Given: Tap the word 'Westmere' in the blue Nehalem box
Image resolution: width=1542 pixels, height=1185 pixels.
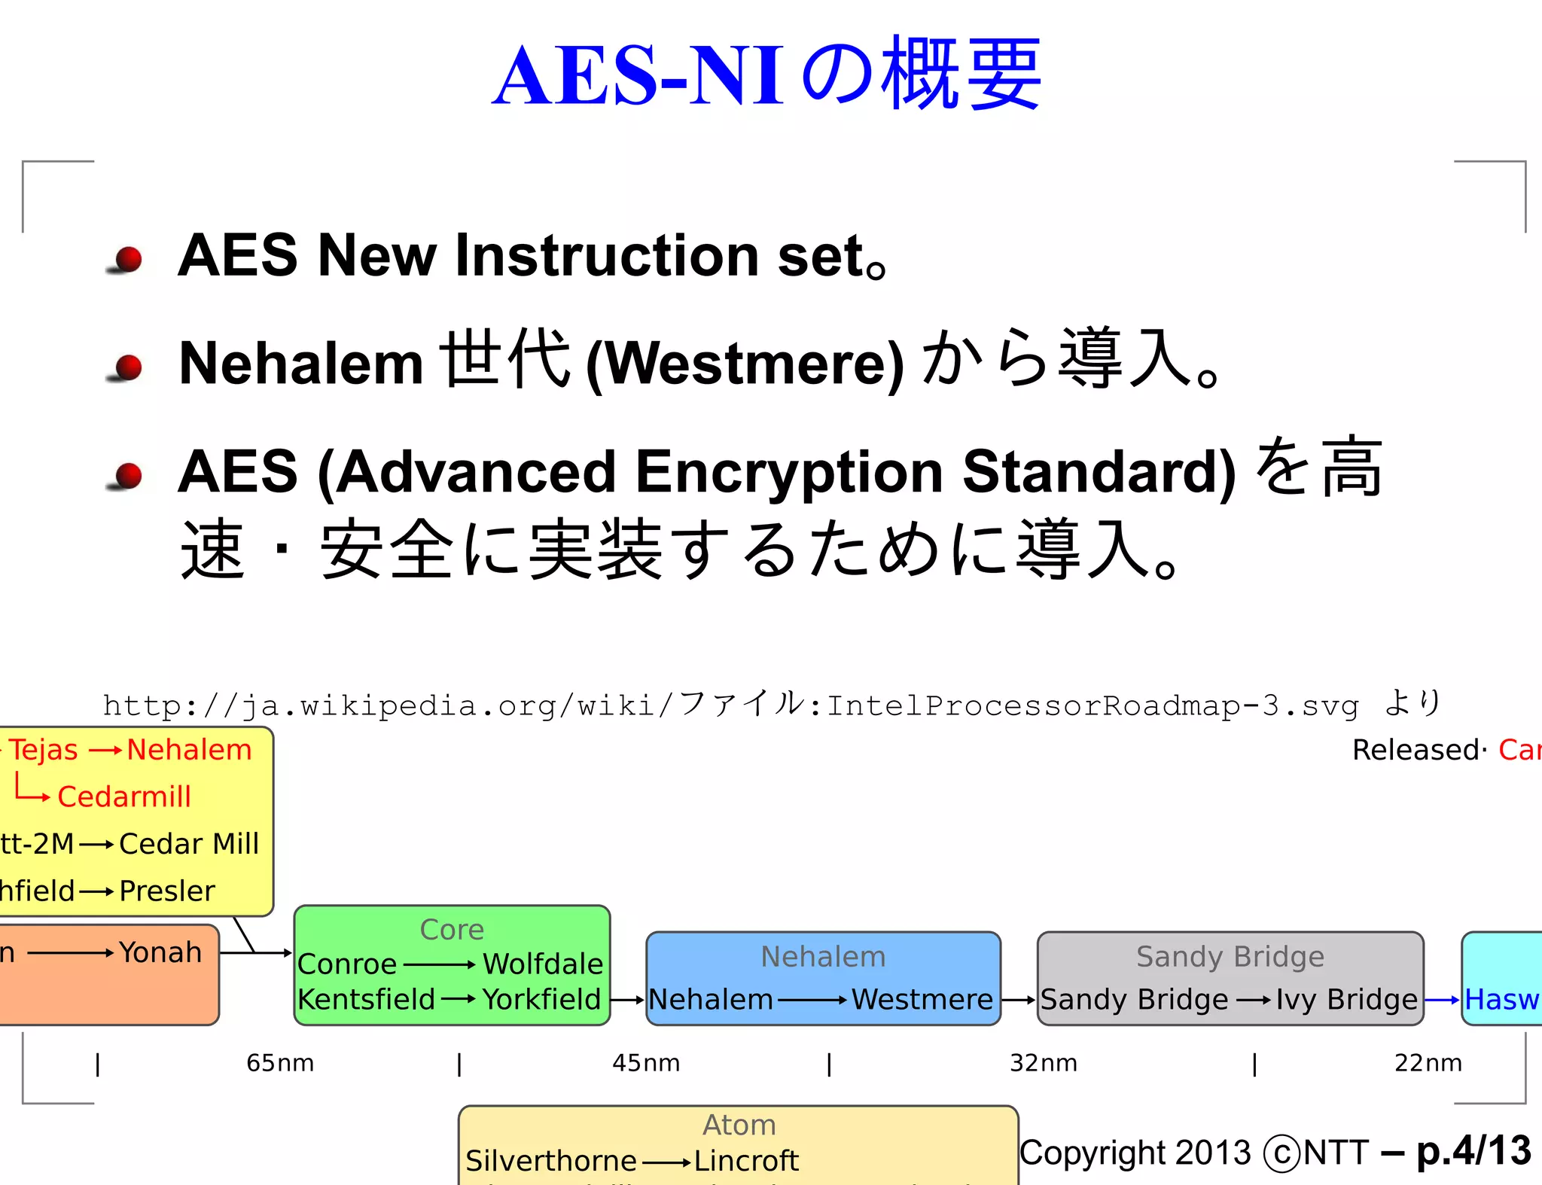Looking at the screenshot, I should [922, 999].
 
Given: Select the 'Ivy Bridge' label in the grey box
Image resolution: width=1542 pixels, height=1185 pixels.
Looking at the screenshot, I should [1346, 999].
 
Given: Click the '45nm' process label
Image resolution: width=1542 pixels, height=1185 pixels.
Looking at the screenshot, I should [646, 1062].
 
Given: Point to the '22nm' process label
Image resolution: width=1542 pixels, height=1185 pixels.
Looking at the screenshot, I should [1428, 1062].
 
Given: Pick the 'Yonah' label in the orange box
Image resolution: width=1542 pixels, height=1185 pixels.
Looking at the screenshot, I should [160, 952].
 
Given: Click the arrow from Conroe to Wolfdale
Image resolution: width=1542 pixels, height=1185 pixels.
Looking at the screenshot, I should [439, 964].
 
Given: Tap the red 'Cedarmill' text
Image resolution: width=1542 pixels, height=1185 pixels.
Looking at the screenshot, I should [124, 797].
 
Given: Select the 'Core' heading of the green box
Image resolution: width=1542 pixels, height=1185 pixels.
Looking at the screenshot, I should [452, 930].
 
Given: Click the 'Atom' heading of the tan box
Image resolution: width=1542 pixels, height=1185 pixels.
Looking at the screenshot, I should [739, 1125].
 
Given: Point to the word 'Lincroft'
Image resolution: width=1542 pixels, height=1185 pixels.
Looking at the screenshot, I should [745, 1161].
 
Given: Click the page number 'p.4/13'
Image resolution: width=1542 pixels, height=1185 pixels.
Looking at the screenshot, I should [1473, 1151].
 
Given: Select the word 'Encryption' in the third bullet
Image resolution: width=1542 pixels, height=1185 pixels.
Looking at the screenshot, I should [789, 472].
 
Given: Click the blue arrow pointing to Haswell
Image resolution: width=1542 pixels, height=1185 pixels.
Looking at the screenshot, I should [1442, 1000].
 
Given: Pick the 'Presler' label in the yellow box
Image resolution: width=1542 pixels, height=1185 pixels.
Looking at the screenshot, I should [167, 891].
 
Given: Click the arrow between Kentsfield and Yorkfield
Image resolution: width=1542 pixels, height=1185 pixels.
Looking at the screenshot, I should [458, 1000].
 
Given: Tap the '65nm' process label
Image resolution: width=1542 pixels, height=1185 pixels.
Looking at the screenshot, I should [280, 1062].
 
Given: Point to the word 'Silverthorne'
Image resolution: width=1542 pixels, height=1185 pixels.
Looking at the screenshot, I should [550, 1161].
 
